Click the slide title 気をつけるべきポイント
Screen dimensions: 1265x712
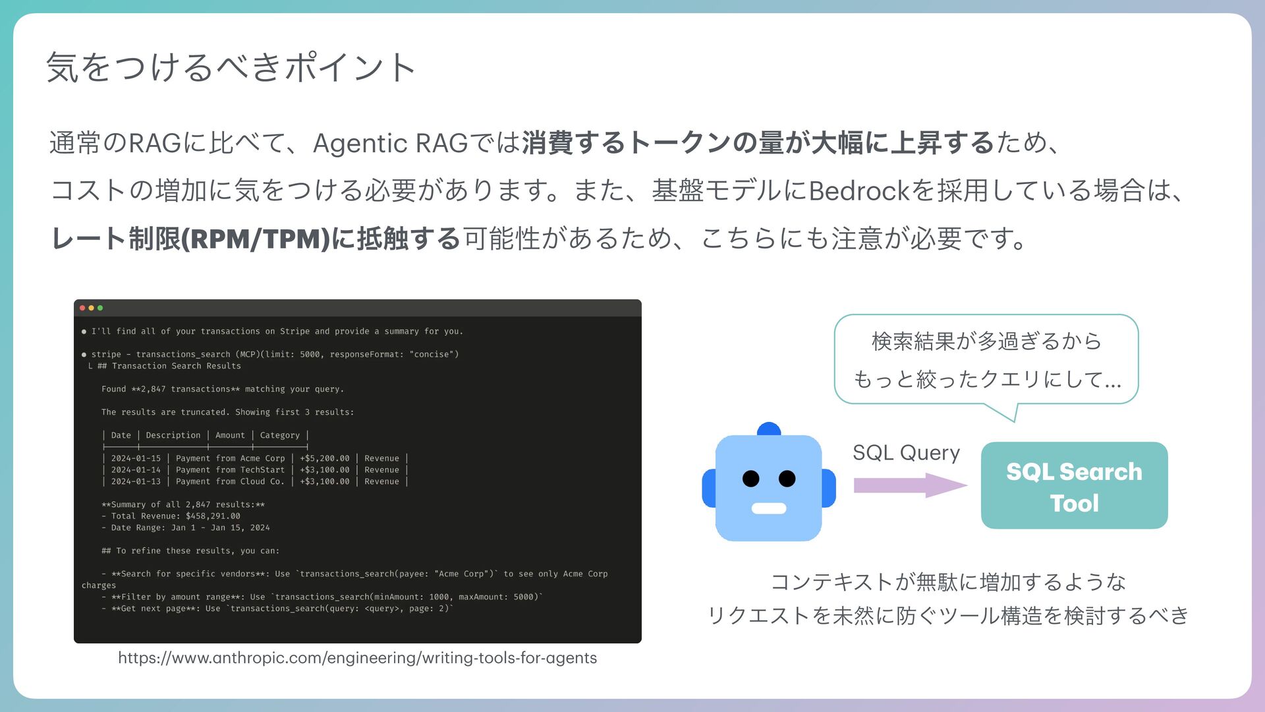231,67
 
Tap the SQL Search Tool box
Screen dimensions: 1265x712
1074,486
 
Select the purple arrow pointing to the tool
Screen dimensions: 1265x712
909,485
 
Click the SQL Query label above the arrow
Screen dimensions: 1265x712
906,453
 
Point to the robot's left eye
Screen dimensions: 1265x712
750,479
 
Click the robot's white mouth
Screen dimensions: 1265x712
769,508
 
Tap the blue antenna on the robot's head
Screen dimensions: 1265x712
769,429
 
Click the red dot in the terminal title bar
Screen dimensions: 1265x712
82,308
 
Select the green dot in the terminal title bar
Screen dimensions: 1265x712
100,308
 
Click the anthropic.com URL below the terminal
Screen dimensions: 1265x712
357,658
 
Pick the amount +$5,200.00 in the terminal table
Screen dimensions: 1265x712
325,459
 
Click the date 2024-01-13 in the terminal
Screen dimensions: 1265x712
136,482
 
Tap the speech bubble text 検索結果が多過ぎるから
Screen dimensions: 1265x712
986,341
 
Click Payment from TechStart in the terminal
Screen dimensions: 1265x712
230,470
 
